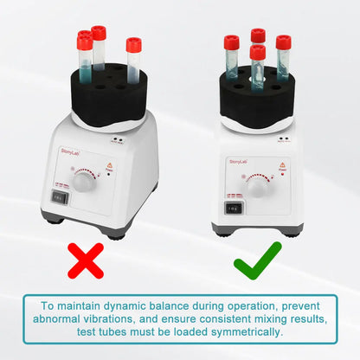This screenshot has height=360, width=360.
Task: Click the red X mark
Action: (x=86, y=260)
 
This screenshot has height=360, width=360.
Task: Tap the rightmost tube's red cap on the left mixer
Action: (x=133, y=43)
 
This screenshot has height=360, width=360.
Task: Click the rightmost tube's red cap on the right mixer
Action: (x=283, y=42)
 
